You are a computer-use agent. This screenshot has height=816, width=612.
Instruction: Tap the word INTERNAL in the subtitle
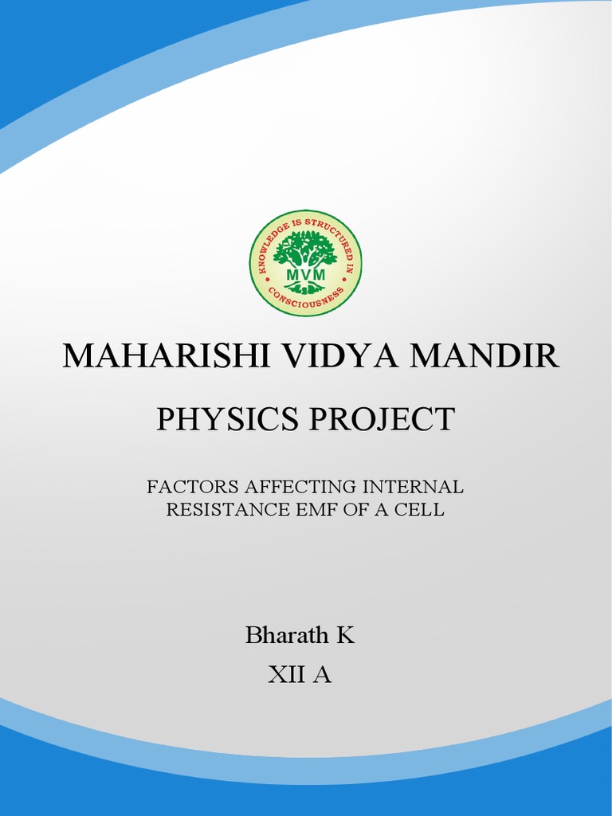(x=414, y=486)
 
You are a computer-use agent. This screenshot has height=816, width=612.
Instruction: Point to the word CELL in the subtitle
(x=421, y=510)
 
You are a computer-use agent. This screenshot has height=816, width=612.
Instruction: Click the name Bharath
(x=286, y=636)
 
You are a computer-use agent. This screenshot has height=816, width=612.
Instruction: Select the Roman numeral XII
(x=287, y=675)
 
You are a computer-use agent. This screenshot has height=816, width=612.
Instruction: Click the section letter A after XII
(x=323, y=675)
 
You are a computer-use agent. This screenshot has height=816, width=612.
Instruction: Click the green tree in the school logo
(x=305, y=249)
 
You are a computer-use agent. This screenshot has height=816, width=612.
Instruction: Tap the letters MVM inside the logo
(x=305, y=276)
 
